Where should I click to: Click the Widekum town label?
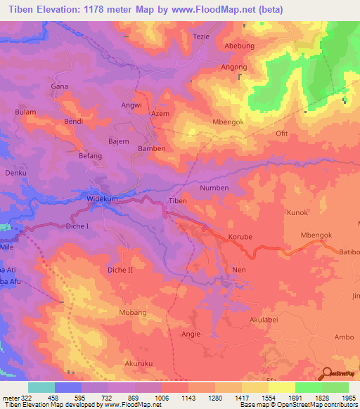tap(102, 199)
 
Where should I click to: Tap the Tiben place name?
tap(177, 201)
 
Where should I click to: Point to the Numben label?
tap(214, 188)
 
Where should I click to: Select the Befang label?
tap(91, 155)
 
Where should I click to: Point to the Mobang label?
tap(132, 312)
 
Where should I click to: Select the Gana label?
tap(59, 86)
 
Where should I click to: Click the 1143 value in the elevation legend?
tap(176, 397)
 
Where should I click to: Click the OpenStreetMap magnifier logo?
tap(327, 375)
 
